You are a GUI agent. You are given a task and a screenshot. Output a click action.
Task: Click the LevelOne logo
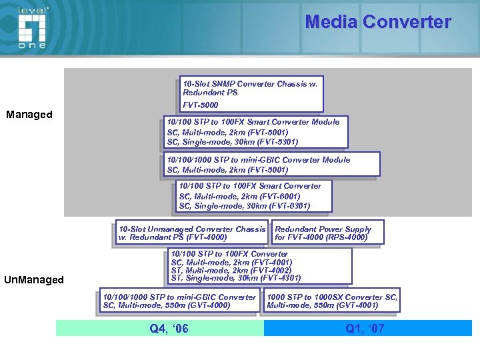click(x=32, y=27)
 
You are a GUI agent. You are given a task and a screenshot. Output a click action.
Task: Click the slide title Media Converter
click(x=377, y=22)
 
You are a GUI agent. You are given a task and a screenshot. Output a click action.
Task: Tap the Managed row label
click(x=29, y=115)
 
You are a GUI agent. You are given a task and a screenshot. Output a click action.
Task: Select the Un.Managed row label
click(x=34, y=280)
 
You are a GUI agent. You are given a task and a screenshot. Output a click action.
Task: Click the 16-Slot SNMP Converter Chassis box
click(x=251, y=93)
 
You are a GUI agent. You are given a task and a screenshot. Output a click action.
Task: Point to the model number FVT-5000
click(x=201, y=105)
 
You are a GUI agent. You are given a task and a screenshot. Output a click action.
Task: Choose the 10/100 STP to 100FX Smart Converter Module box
click(x=256, y=132)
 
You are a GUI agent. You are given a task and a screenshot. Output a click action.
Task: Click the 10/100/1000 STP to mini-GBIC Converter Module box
click(x=272, y=164)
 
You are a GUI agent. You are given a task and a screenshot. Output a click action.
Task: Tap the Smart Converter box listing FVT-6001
click(x=253, y=196)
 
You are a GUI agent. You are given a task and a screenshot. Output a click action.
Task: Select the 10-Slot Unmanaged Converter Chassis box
click(x=191, y=233)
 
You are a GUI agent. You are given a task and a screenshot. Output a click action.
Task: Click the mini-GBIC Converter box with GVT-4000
click(x=179, y=301)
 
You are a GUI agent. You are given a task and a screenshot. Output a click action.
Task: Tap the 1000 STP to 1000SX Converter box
click(x=331, y=301)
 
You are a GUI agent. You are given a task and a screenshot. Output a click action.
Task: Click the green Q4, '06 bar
click(x=160, y=328)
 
